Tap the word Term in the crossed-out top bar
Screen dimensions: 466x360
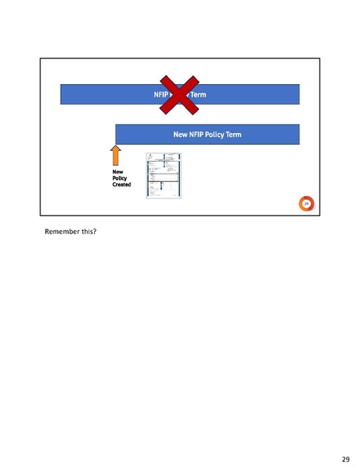point(197,95)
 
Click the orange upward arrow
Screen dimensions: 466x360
point(116,156)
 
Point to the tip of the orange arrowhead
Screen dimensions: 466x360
point(116,145)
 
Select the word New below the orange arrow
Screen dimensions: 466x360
point(117,172)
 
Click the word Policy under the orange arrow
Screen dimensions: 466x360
point(120,178)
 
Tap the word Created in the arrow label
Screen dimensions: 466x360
point(122,184)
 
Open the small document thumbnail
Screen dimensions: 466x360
point(163,176)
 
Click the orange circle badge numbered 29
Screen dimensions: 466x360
point(306,204)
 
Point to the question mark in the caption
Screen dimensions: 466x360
point(95,232)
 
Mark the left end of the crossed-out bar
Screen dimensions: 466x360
point(63,94)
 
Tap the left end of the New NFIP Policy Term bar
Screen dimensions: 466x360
point(117,134)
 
